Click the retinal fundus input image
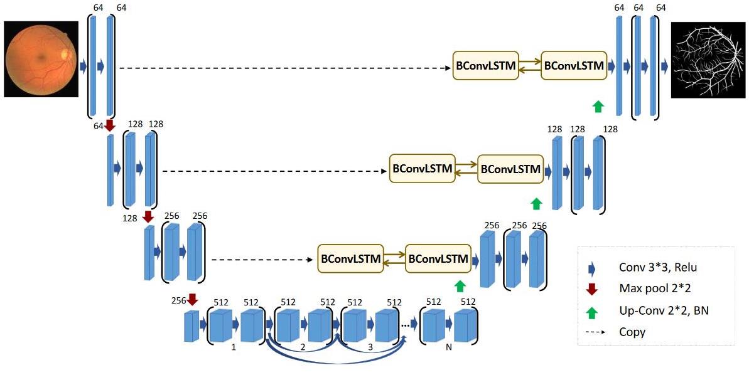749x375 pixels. (x=41, y=59)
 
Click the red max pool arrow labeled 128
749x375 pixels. (x=148, y=216)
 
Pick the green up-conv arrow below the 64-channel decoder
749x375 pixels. (x=598, y=107)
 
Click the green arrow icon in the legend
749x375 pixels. (x=592, y=312)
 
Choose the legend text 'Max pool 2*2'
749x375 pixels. (x=647, y=289)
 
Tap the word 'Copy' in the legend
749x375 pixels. (x=632, y=332)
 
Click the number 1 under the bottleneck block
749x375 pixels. (x=234, y=348)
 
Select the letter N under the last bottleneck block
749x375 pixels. (x=448, y=348)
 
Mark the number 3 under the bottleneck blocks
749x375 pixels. (x=370, y=348)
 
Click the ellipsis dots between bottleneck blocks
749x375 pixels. (x=405, y=325)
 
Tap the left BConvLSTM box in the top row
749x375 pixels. (x=486, y=65)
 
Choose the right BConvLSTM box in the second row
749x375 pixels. (x=510, y=169)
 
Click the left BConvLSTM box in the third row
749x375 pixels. (x=350, y=258)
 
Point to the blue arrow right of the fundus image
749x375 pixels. (x=83, y=66)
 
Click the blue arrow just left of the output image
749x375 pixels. (x=664, y=67)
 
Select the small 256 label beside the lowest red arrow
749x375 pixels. (x=178, y=300)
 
